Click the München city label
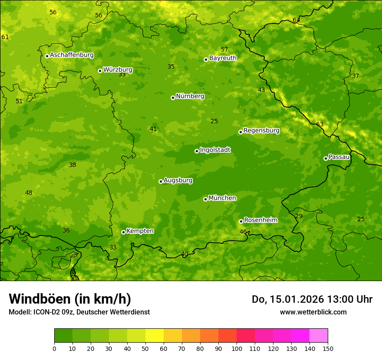pos(222,198)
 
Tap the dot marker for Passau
pos(326,158)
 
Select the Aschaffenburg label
pos(72,55)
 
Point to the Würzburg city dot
pos(100,71)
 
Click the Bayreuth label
pos(223,58)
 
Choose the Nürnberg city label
pos(190,96)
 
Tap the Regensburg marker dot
pos(240,132)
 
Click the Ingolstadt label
pos(215,150)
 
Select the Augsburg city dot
pos(161,181)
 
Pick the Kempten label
pos(140,231)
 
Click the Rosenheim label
pos(260,220)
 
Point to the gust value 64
pos(296,20)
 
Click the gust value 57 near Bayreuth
pos(224,50)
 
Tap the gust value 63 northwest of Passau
pos(320,124)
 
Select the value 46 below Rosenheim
pos(243,232)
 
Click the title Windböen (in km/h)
pos(70,299)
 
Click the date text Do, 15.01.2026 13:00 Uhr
pos(312,299)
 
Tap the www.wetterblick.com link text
pos(313,312)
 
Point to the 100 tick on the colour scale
pos(237,348)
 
